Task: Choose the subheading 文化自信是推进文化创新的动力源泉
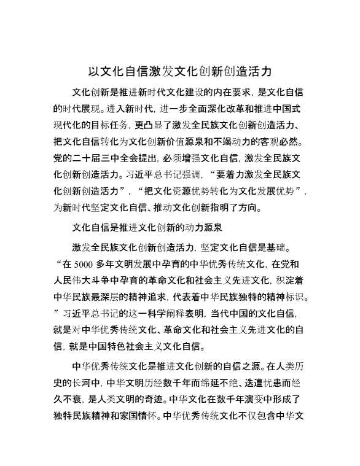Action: (x=147, y=227)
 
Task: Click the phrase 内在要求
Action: (x=219, y=93)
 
